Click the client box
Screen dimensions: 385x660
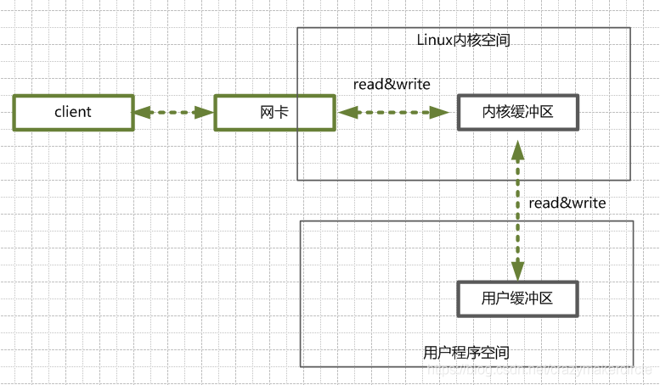(73, 113)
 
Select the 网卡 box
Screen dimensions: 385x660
(274, 113)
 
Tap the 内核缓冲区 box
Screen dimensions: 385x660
(517, 113)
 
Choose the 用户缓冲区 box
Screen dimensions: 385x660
(517, 299)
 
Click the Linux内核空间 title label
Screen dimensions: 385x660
(464, 40)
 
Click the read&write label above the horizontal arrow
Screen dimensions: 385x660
(392, 84)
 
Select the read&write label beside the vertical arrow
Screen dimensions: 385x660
(567, 203)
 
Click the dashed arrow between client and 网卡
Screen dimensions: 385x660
(173, 112)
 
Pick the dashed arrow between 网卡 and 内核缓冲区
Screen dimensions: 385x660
(392, 112)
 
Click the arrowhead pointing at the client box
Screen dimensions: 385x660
(141, 112)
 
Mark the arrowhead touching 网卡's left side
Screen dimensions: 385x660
(206, 112)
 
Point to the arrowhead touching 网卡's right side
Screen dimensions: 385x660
(345, 112)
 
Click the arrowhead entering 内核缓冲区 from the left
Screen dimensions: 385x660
(442, 112)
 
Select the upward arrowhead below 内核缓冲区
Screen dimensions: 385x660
(516, 149)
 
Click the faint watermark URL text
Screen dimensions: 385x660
(544, 372)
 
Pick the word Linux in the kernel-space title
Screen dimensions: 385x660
(434, 40)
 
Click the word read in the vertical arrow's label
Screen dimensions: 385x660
(544, 203)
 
